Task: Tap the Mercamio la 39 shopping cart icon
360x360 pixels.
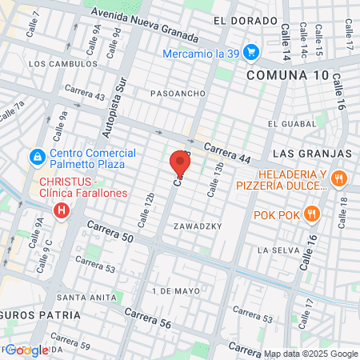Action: coord(251,53)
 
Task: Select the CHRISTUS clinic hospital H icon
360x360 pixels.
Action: coord(61,210)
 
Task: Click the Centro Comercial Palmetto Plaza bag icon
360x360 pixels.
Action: coord(36,155)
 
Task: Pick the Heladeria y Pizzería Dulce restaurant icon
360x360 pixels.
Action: coord(339,178)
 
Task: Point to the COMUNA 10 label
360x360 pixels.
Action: coord(287,74)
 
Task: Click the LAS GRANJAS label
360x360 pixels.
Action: coord(313,152)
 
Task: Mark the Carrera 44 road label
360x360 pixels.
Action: coord(228,152)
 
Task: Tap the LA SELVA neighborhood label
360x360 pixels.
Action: coord(278,250)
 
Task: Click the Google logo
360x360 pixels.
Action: coord(27,350)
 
